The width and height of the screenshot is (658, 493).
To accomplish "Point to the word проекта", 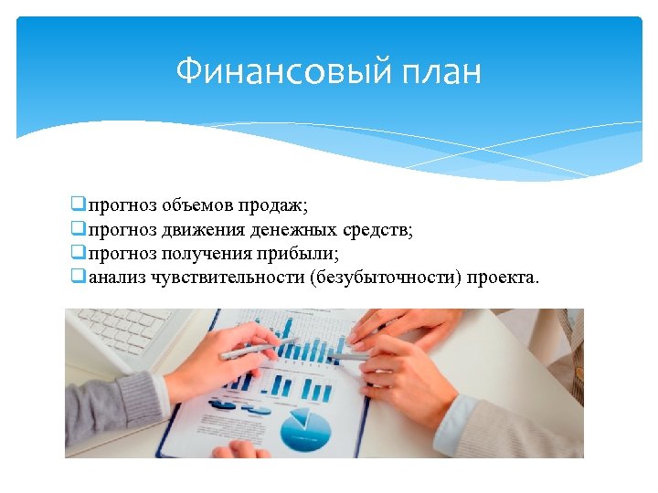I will click(x=503, y=277).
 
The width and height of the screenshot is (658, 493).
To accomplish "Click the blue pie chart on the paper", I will click(x=305, y=430).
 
